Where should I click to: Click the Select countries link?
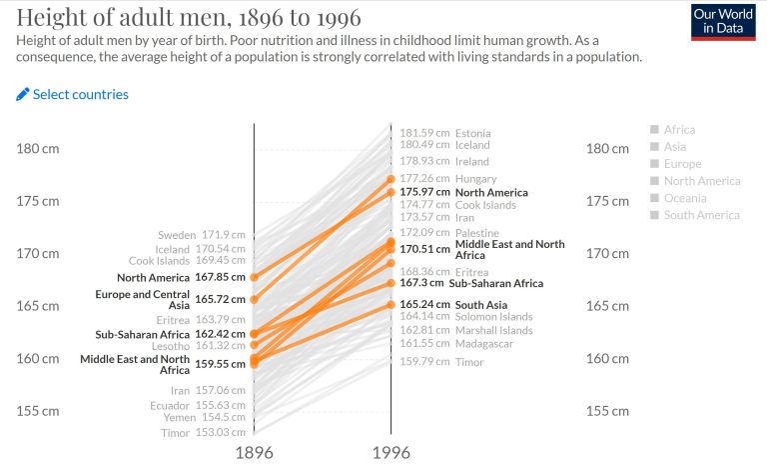click(72, 94)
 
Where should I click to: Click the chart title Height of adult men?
click(189, 18)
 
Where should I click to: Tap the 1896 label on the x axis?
click(254, 452)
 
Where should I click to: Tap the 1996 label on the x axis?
click(390, 452)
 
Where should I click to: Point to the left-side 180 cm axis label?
click(38, 148)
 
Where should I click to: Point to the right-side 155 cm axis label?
click(607, 410)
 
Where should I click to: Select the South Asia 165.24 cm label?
click(453, 305)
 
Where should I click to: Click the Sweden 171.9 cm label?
click(201, 235)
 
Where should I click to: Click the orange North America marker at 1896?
click(254, 277)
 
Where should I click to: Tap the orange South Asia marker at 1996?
click(390, 305)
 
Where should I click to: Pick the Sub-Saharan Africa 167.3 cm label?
click(471, 283)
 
